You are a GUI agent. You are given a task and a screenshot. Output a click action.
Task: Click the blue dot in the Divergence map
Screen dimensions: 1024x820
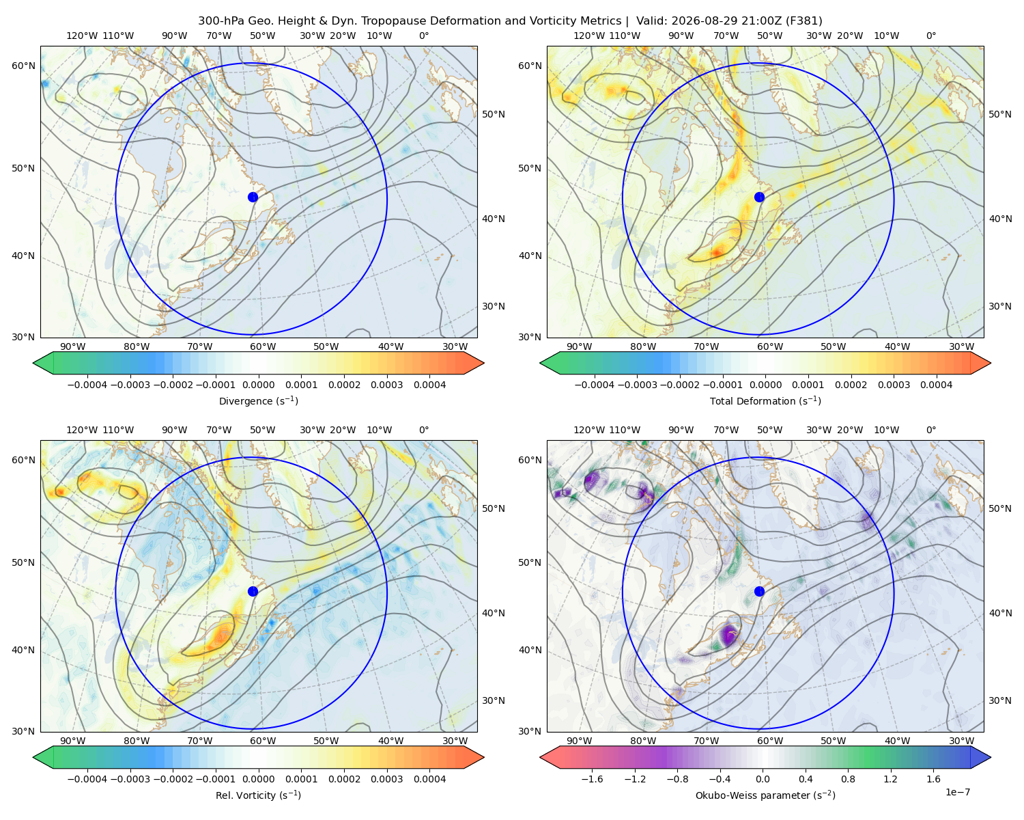point(253,197)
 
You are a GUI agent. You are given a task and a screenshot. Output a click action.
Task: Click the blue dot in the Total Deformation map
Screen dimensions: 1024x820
point(759,197)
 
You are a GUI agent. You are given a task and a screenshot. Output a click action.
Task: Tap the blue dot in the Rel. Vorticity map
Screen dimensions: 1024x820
point(253,591)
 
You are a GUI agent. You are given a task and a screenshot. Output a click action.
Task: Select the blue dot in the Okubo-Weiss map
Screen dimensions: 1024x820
point(759,591)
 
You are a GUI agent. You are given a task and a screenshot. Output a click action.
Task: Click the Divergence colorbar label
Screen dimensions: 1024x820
point(258,400)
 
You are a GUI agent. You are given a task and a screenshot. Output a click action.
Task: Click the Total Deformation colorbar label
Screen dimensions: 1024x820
point(765,400)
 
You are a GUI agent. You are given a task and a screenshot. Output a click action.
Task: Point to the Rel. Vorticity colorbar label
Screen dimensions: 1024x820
point(258,795)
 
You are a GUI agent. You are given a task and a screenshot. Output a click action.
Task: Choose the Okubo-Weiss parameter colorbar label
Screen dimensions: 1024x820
point(765,795)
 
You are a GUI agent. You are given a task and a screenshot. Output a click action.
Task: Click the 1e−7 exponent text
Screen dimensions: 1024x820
point(957,792)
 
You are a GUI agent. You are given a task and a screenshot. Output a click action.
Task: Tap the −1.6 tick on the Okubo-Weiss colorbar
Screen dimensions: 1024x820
point(592,779)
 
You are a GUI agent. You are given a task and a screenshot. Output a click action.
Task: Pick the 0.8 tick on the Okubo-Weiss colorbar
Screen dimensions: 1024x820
point(848,779)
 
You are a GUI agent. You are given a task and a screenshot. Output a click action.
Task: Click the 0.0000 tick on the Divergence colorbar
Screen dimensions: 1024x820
point(258,385)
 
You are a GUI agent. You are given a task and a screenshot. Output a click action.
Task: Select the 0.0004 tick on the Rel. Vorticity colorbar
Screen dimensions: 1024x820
point(429,779)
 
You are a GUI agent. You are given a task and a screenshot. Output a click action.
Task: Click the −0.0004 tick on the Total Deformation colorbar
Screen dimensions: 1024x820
point(594,385)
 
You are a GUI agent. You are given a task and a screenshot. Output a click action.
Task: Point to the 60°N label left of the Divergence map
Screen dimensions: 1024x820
point(23,66)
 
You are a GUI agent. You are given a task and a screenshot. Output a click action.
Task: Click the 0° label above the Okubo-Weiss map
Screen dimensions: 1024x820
point(930,430)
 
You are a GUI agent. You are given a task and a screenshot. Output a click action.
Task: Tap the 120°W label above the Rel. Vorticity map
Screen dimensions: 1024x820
point(82,430)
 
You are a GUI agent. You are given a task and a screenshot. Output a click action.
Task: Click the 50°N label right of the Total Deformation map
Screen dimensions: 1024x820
point(999,114)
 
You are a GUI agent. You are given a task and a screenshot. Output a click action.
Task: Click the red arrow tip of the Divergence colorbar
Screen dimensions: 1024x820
point(483,363)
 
